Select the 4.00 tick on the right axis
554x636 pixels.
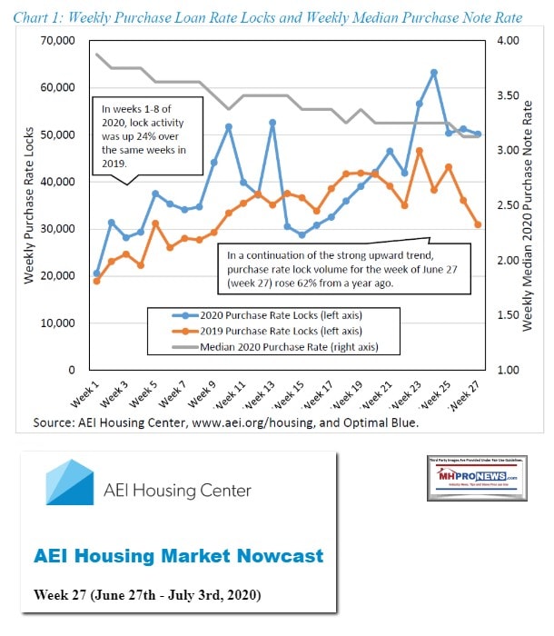click(504, 41)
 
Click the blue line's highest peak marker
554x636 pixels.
click(434, 73)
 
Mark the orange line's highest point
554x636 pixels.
click(420, 151)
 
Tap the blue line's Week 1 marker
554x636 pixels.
click(96, 273)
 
